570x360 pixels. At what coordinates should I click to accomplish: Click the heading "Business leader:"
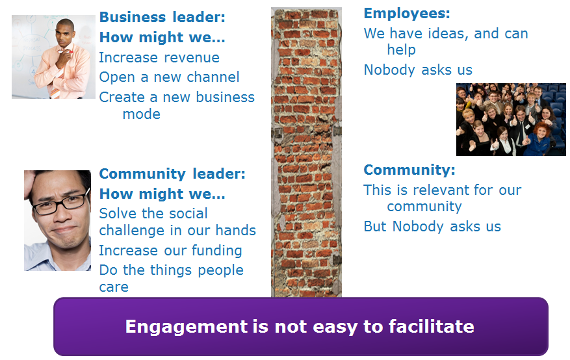[x=162, y=17]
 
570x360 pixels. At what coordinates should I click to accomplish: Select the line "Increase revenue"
[x=159, y=57]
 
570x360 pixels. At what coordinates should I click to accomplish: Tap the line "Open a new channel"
[x=169, y=77]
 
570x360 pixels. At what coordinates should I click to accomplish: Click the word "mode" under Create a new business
[x=142, y=114]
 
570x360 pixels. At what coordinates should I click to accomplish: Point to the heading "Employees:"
[x=407, y=14]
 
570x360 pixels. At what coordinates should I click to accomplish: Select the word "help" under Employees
[x=401, y=49]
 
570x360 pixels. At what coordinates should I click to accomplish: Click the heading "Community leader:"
[x=172, y=174]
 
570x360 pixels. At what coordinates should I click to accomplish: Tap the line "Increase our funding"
[x=170, y=250]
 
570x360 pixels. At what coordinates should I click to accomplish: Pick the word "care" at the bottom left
[x=114, y=287]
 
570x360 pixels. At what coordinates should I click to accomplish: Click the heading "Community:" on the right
[x=409, y=170]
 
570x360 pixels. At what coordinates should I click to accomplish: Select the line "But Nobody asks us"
[x=432, y=226]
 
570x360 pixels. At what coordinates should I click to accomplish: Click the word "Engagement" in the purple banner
[x=186, y=327]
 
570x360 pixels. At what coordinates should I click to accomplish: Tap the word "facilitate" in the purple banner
[x=432, y=326]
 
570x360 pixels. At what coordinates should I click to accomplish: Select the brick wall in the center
[x=306, y=153]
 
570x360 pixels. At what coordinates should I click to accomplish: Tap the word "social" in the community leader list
[x=185, y=213]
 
